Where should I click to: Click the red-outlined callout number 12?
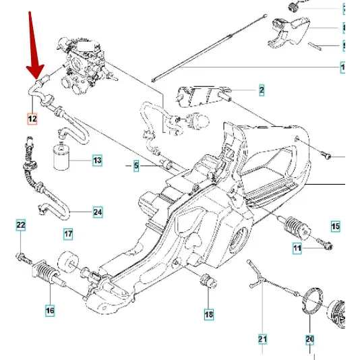32,119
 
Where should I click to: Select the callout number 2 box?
261,90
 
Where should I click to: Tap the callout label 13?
97,160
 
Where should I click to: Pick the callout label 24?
98,212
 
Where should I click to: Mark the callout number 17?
68,235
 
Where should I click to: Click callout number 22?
20,224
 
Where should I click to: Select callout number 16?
50,311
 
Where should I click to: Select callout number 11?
297,249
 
